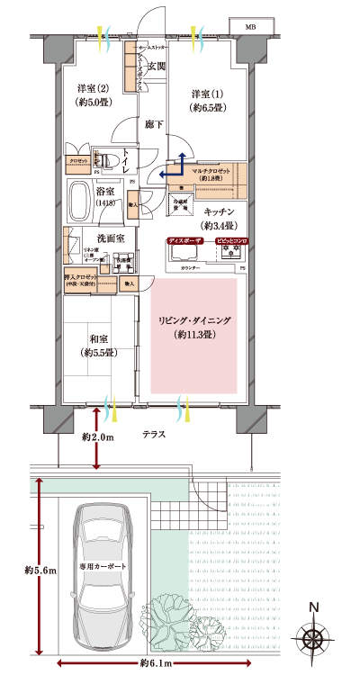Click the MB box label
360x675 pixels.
pyautogui.click(x=250, y=26)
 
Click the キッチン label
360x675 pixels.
pyautogui.click(x=218, y=212)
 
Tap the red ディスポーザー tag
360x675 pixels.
pyautogui.click(x=186, y=241)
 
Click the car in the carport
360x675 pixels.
pyautogui.click(x=104, y=566)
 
